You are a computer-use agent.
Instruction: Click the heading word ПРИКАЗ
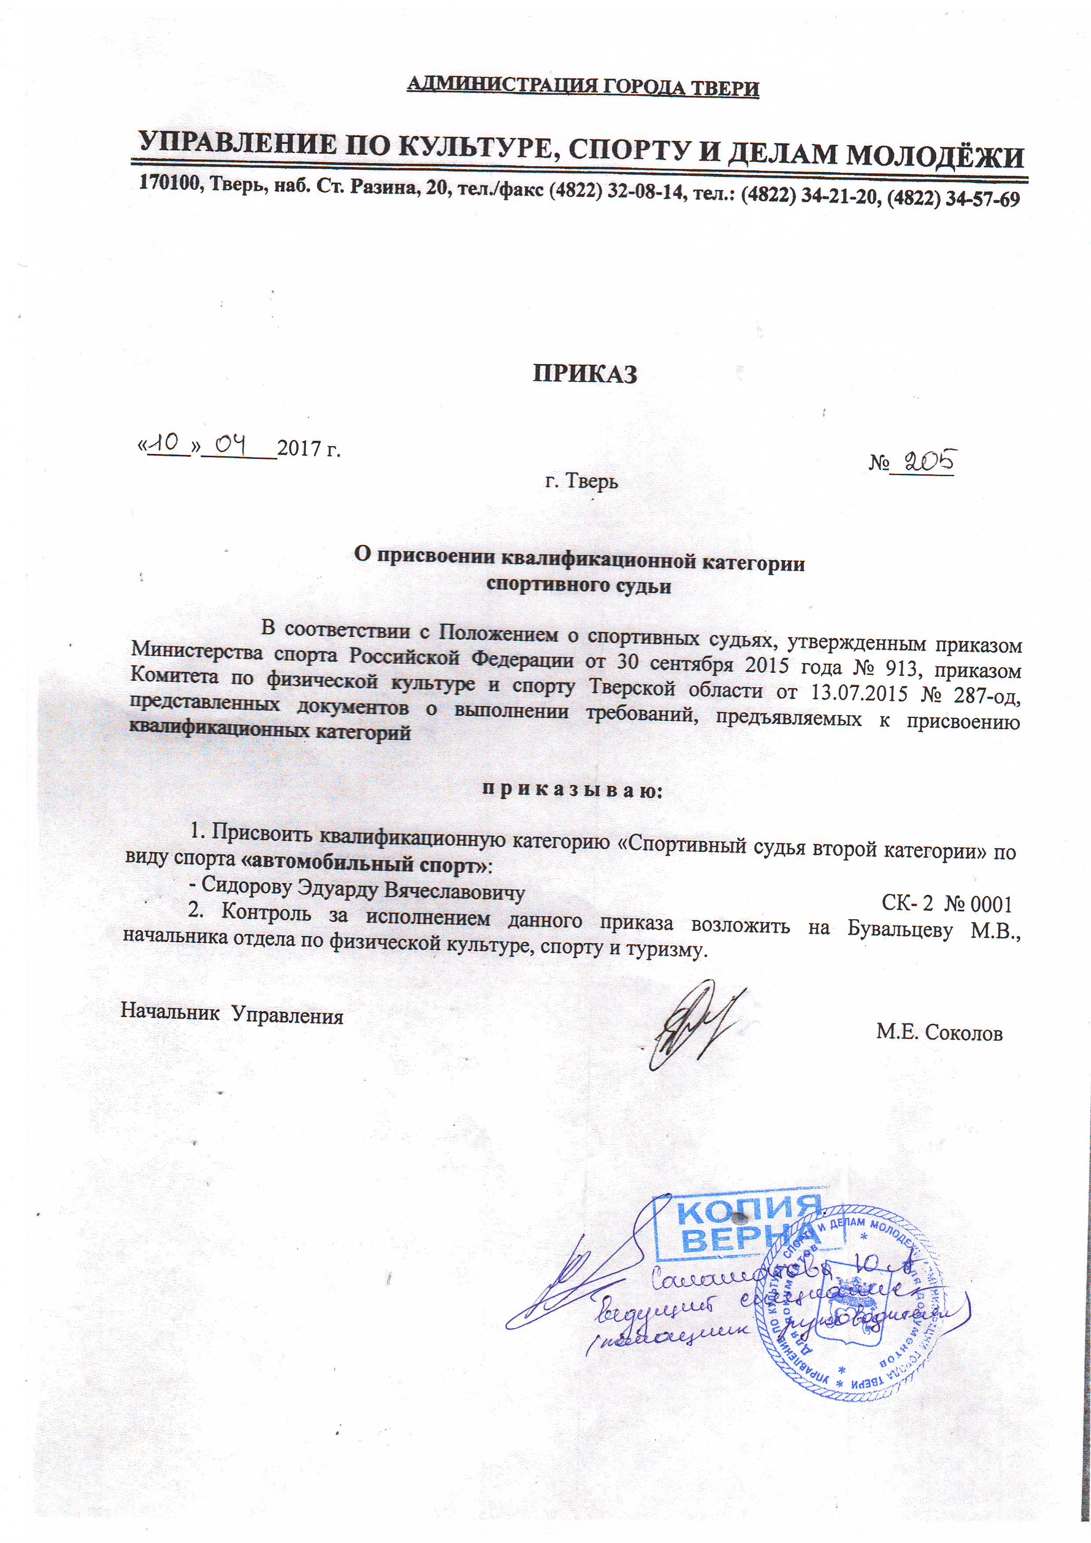[x=585, y=374]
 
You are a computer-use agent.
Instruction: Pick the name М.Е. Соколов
[x=938, y=1032]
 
